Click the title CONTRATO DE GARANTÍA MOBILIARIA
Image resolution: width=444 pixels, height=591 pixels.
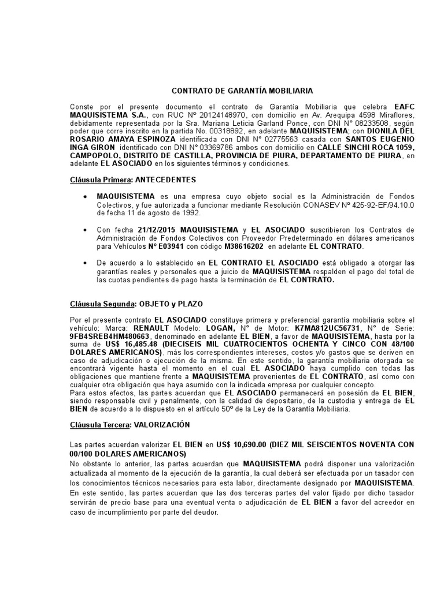[x=243, y=91]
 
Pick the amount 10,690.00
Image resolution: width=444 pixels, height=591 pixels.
[x=255, y=444]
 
